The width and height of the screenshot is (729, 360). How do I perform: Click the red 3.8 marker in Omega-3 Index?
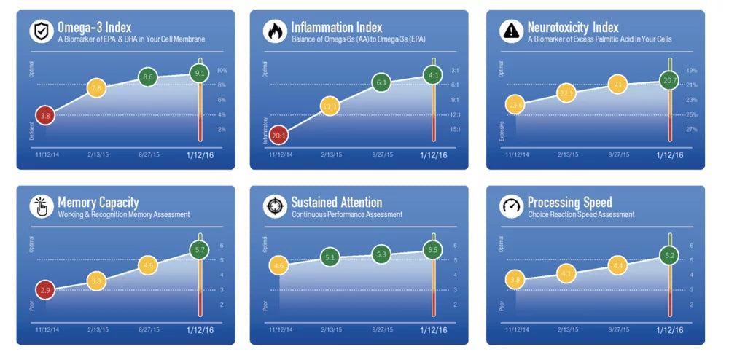tap(45, 115)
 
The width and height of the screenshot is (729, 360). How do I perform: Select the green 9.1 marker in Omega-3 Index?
tap(200, 73)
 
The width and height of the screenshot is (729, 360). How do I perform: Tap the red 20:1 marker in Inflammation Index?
tap(279, 135)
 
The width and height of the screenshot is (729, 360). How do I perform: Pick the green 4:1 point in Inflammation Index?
tap(433, 74)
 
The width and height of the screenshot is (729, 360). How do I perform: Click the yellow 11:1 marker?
tap(330, 107)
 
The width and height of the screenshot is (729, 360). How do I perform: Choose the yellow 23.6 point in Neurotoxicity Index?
tap(515, 106)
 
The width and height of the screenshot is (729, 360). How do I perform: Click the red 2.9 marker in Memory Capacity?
tap(45, 290)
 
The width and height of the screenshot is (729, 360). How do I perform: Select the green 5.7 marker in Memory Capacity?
tap(200, 250)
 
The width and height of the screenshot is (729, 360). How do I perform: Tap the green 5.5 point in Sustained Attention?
tap(433, 250)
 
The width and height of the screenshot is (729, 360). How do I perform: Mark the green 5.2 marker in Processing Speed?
tap(669, 255)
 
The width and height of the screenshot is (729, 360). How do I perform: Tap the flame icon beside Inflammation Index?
tap(274, 31)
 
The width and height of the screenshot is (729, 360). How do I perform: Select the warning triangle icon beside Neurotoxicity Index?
tap(510, 31)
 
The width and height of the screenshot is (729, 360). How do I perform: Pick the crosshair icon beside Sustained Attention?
tap(274, 206)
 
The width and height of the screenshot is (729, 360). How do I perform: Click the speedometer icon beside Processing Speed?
tap(510, 206)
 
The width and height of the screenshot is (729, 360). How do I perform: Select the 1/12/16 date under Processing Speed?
tap(670, 329)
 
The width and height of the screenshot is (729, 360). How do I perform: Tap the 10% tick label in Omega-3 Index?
tap(222, 71)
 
